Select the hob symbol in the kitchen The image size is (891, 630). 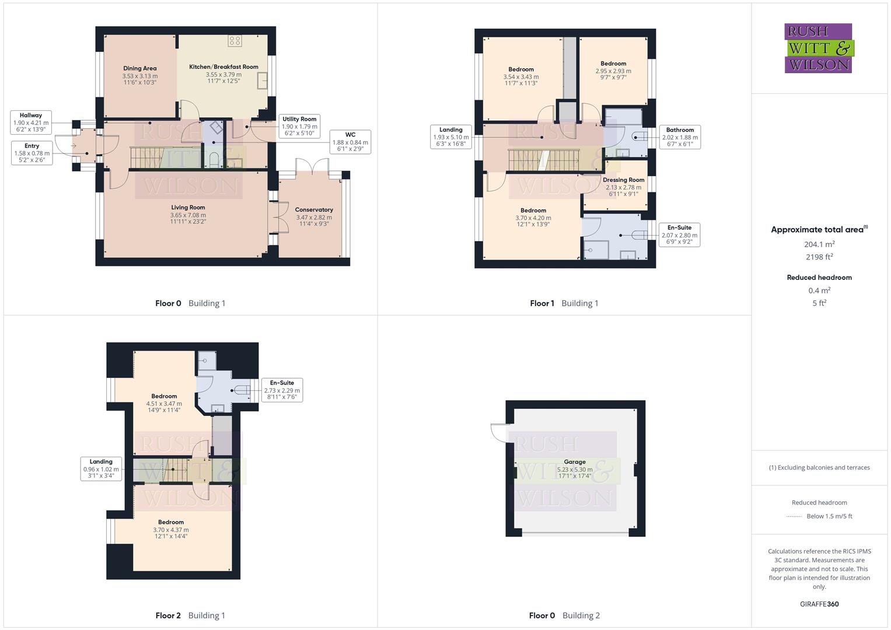tap(235, 41)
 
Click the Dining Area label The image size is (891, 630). tap(139, 69)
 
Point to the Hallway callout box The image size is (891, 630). tap(31, 123)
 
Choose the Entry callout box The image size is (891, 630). tap(32, 153)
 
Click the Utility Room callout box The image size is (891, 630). tap(299, 126)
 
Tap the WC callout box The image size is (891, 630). tap(350, 142)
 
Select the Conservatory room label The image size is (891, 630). tap(314, 210)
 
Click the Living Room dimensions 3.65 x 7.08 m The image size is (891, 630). tap(188, 215)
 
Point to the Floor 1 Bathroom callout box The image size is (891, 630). tap(680, 137)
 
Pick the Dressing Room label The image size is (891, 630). tap(623, 180)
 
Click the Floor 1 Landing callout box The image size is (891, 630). tap(450, 137)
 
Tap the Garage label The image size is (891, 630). tap(574, 462)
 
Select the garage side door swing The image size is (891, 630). tap(498, 432)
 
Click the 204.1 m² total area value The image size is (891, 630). tap(819, 244)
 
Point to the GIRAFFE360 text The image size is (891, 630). tap(819, 604)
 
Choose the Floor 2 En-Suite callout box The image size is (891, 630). tap(282, 390)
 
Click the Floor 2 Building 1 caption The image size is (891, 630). tap(190, 615)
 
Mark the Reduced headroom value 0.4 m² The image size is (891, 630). tap(819, 290)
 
